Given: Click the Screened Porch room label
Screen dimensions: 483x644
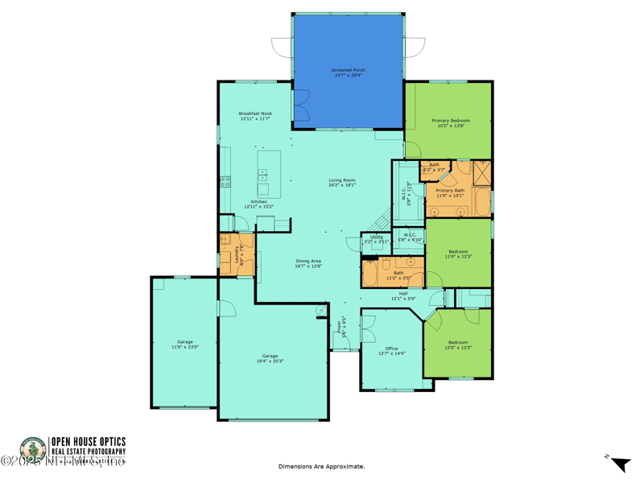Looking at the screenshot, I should [348, 72].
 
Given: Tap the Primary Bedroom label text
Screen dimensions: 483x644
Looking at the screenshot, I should [451, 123].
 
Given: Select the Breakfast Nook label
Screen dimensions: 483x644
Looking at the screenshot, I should [255, 117].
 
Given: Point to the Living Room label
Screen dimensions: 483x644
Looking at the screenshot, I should [342, 183].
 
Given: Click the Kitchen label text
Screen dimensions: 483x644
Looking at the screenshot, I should [258, 204].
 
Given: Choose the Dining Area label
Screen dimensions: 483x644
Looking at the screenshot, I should [308, 263].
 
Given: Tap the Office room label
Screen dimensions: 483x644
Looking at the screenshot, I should [392, 350].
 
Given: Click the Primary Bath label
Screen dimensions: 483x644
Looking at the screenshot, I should [450, 192].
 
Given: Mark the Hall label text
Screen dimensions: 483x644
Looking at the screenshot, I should [402, 295].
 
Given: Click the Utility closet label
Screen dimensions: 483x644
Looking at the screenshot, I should [376, 239].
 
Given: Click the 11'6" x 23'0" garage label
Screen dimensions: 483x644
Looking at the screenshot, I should [185, 344].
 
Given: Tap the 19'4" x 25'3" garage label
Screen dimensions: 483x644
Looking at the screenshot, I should [270, 358].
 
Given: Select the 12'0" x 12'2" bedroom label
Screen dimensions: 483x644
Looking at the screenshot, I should [457, 345].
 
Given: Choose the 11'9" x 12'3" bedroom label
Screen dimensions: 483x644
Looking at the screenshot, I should [457, 254].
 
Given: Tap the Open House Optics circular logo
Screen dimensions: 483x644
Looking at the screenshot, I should [32, 449].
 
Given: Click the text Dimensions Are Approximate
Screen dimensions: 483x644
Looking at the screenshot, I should [321, 466].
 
